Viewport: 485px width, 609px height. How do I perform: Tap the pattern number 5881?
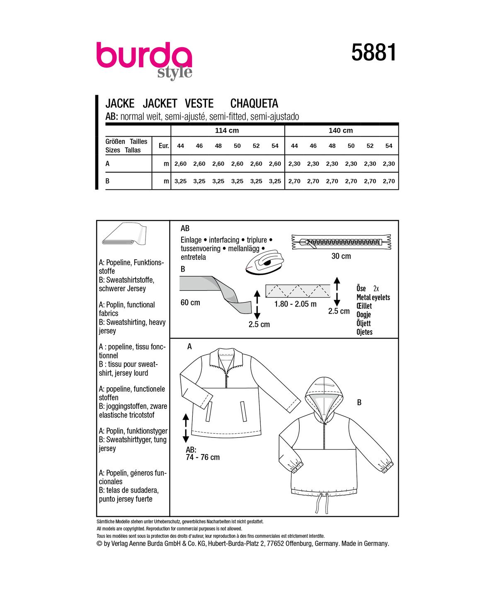point(374,53)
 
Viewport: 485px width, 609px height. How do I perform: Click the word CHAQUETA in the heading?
point(254,103)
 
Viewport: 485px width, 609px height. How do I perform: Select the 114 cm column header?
point(227,130)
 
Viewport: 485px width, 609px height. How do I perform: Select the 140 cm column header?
point(341,130)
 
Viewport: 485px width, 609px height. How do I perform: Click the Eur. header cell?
point(164,146)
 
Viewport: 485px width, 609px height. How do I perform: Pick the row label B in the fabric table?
point(108,181)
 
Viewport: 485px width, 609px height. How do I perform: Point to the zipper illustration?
point(341,242)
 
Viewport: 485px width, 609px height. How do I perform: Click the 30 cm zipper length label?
point(341,256)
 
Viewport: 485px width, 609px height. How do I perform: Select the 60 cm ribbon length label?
point(190,302)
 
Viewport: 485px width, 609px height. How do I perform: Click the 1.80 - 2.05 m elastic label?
point(295,304)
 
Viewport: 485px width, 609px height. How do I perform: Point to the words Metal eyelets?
point(373,297)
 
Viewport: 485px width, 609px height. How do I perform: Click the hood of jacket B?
point(324,391)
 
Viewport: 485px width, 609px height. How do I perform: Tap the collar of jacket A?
point(227,355)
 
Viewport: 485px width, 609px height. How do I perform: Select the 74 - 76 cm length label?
point(203,457)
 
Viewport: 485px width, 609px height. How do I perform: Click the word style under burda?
point(175,73)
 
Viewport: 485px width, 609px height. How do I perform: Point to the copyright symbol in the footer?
point(99,544)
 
